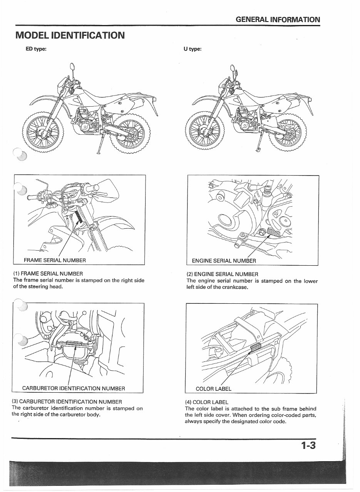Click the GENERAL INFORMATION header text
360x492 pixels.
pyautogui.click(x=278, y=19)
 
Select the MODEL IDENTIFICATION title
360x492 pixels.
pyautogui.click(x=70, y=35)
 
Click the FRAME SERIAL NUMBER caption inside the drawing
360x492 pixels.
pyautogui.click(x=55, y=260)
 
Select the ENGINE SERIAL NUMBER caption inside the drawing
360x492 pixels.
pyautogui.click(x=224, y=261)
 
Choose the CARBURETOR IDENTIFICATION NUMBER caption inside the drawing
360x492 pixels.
pyautogui.click(x=74, y=388)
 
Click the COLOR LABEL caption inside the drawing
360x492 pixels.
pyautogui.click(x=213, y=388)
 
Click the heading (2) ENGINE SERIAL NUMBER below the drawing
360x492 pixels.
pyautogui.click(x=222, y=274)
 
